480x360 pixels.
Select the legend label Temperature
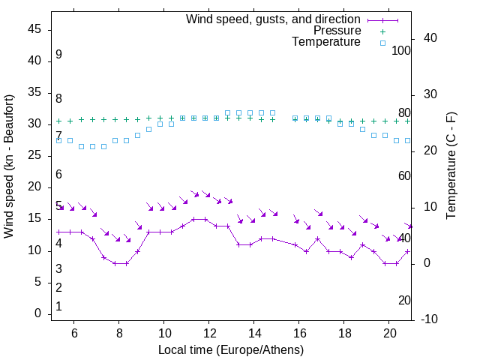point(326,42)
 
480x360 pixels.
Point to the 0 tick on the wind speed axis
point(37,313)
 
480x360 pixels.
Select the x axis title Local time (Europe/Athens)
point(231,349)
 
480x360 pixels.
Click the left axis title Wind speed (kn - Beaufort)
point(10,166)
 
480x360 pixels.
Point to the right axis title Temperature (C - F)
point(451,166)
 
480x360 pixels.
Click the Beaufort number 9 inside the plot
point(58,55)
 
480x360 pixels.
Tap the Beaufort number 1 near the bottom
point(58,306)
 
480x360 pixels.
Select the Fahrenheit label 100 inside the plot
point(401,50)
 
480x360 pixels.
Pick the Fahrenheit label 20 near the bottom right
point(404,300)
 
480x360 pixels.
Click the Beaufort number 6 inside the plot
point(58,175)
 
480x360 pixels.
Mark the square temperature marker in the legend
point(382,43)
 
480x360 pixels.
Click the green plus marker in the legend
point(382,31)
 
